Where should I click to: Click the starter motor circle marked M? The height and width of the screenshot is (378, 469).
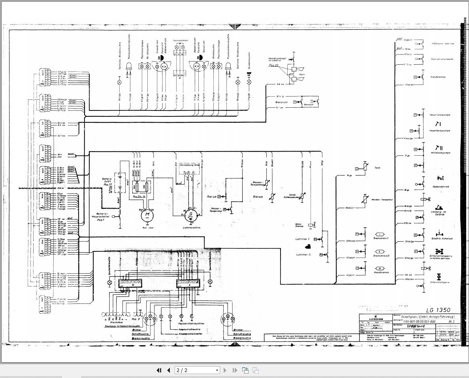tap(147, 215)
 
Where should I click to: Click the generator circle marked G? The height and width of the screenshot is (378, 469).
tap(190, 215)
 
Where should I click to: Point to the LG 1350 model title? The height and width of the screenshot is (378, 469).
tap(438, 310)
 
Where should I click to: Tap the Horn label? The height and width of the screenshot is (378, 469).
tap(301, 74)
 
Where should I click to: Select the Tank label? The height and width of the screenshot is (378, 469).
tap(377, 168)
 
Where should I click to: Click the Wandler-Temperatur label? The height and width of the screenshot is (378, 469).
tap(382, 200)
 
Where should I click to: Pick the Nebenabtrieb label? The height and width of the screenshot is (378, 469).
tap(440, 187)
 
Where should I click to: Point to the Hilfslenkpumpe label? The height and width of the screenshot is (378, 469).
tap(440, 153)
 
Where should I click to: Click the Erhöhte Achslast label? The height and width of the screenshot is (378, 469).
tap(442, 238)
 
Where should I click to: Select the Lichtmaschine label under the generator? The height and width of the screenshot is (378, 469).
tap(191, 228)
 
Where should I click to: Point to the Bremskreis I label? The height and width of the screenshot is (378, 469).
tap(381, 238)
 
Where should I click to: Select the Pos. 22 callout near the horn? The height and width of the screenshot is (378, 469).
tap(273, 65)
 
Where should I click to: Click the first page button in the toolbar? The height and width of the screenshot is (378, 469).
tap(159, 370)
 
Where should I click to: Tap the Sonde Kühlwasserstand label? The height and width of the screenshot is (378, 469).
tap(292, 196)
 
